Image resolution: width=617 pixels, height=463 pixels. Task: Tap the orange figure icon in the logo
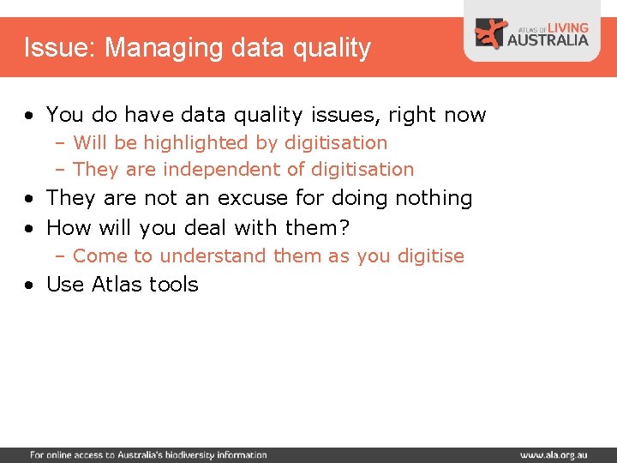[x=491, y=33]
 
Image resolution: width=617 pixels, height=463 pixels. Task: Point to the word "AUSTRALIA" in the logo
[x=548, y=39]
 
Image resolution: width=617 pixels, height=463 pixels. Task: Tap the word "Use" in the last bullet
[x=63, y=285]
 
